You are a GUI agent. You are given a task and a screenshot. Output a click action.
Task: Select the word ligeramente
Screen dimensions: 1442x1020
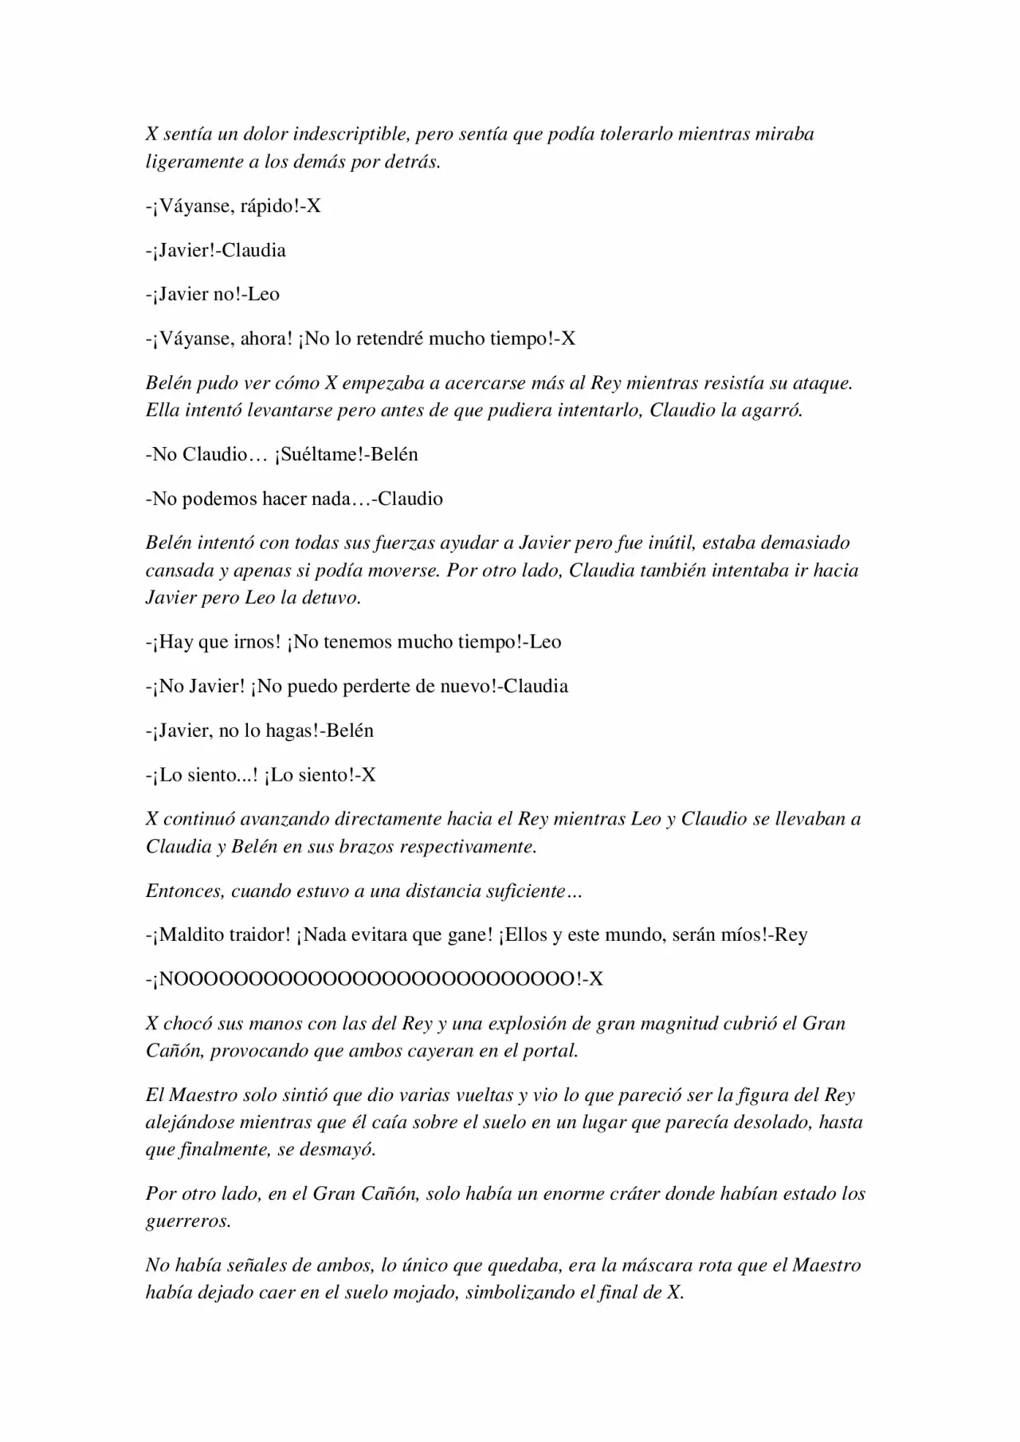[x=193, y=163]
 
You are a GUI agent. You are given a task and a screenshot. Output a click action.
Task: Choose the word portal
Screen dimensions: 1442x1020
[x=549, y=1051]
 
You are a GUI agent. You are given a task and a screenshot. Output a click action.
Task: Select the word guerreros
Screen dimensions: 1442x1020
[x=188, y=1221]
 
